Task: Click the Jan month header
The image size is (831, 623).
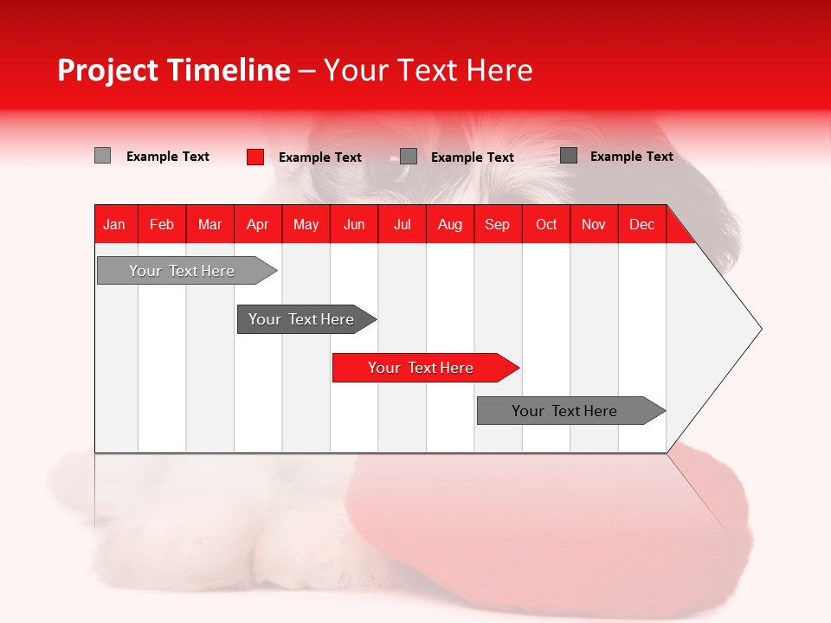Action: coord(114,224)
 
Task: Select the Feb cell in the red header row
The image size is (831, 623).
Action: coord(162,224)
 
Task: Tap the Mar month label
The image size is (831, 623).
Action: coord(209,224)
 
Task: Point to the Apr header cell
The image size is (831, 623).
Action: coord(257,224)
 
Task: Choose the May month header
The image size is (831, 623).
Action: coord(306,224)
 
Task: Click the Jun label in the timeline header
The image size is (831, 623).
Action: coord(354,224)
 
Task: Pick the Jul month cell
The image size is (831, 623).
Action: coord(402,224)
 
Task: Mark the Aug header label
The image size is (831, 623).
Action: coord(449,224)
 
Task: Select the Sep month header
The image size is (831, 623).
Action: coord(497,224)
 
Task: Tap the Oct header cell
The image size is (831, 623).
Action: coord(546,224)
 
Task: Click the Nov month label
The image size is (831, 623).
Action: coord(594,224)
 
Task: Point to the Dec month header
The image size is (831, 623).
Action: coord(641,224)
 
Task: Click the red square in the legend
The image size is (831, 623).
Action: coord(254,157)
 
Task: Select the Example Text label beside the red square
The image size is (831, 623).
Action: coord(319,157)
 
